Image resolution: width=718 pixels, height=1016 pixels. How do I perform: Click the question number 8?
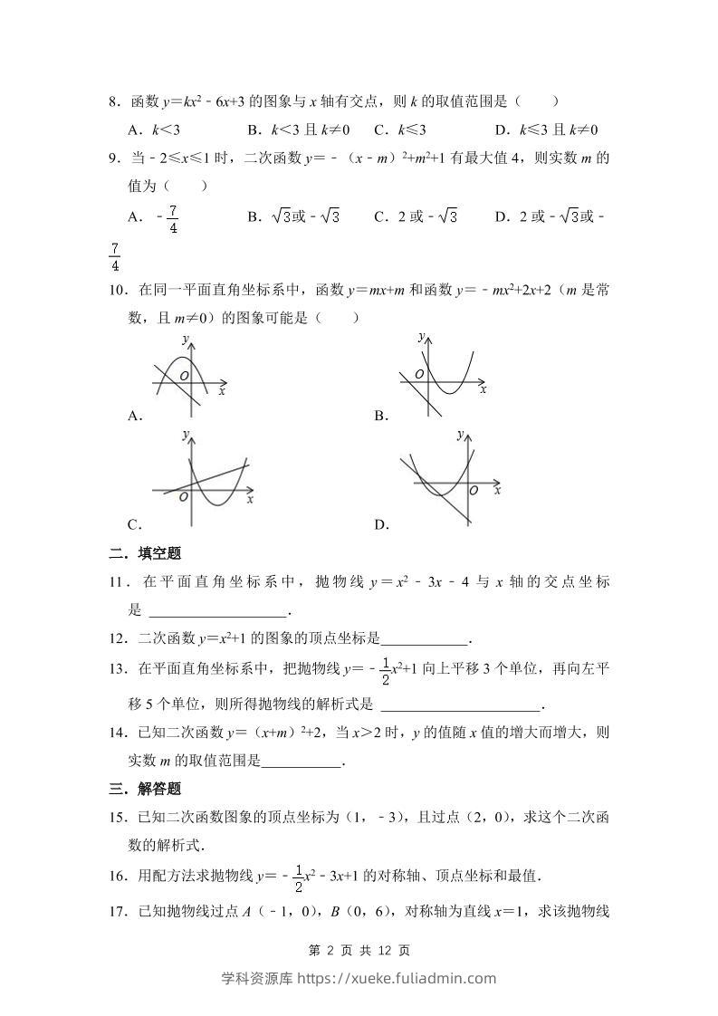(114, 102)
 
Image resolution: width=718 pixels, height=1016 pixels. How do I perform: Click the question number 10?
(118, 291)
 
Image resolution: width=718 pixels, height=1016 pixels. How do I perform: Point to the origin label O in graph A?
(183, 375)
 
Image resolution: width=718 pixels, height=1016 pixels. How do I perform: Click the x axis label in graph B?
(483, 388)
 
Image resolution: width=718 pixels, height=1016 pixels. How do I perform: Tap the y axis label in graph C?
(186, 436)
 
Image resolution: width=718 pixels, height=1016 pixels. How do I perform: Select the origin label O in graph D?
(473, 490)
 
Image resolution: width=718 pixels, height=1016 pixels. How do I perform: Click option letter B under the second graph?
(381, 416)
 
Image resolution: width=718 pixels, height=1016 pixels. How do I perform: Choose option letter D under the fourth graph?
(381, 524)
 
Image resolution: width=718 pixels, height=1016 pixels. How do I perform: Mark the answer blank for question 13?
(462, 704)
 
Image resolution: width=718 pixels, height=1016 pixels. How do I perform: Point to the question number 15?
(118, 818)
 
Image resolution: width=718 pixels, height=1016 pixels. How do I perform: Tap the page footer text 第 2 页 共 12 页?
(359, 951)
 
